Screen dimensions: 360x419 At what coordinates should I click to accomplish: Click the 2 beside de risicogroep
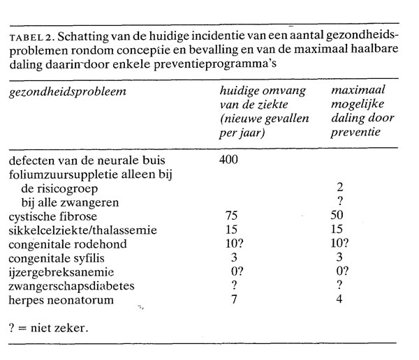[x=339, y=188]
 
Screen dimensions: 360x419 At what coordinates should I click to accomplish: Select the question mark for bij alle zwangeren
[x=340, y=202]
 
